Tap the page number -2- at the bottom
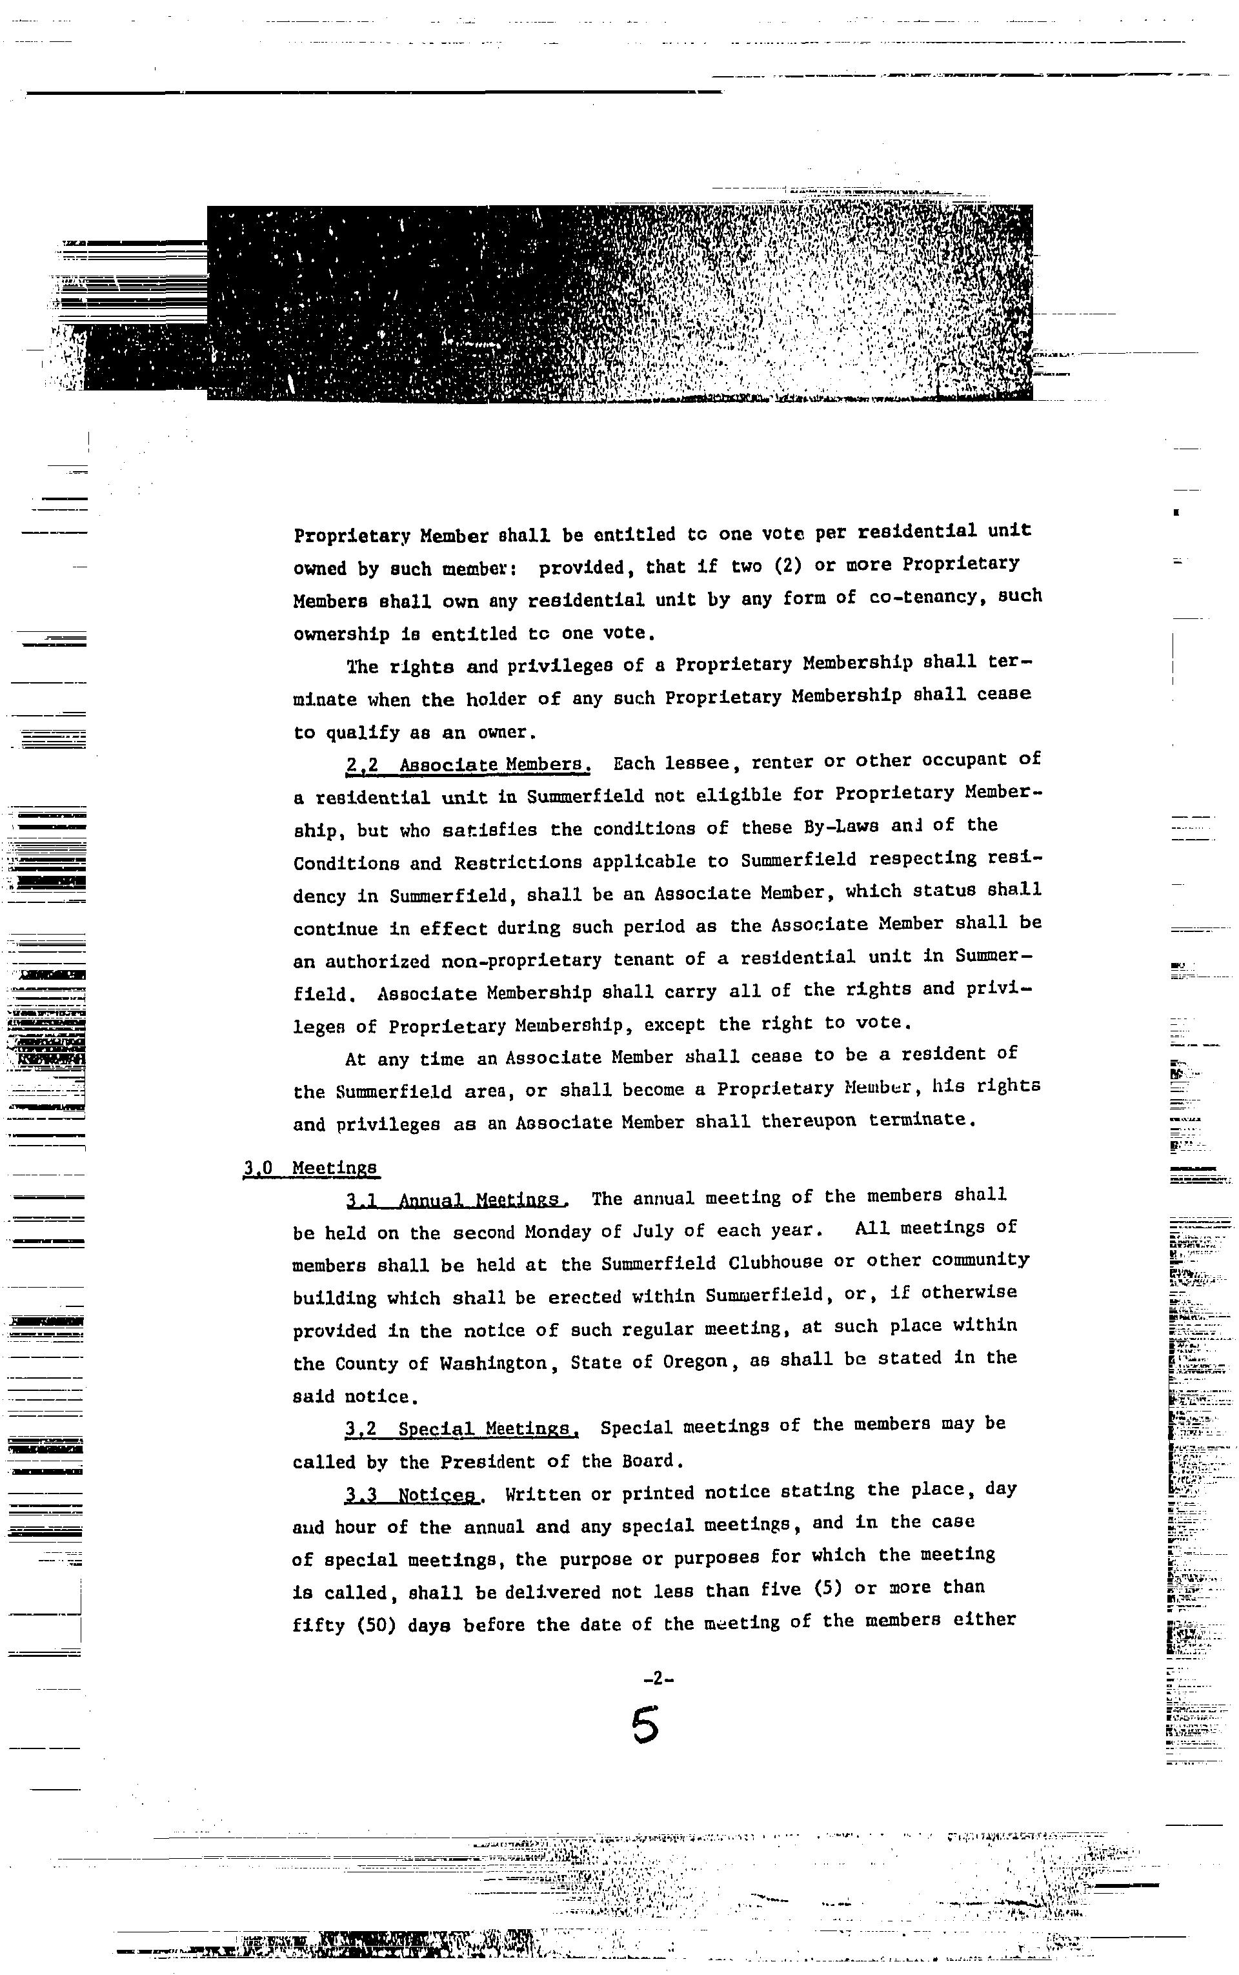[x=658, y=1677]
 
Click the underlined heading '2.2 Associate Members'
[x=468, y=765]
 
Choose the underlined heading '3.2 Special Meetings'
[x=462, y=1429]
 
